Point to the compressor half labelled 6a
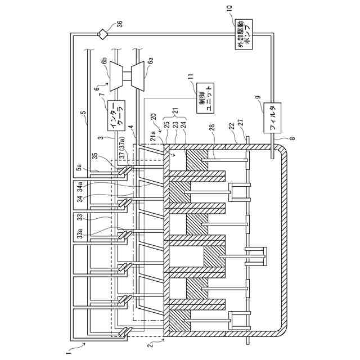pyautogui.click(x=139, y=74)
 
